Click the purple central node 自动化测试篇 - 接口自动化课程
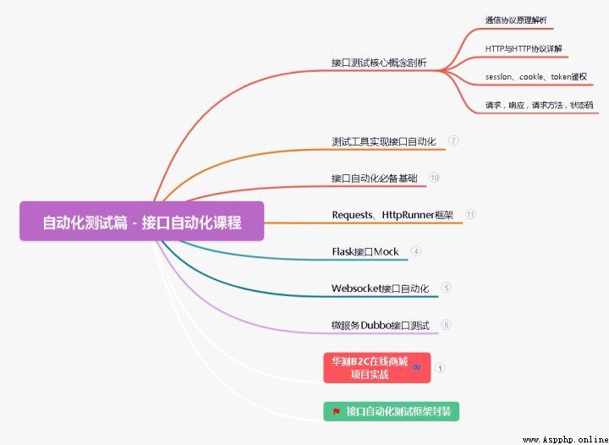click(x=142, y=221)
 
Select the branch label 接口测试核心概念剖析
click(x=379, y=63)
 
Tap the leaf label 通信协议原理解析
click(x=516, y=20)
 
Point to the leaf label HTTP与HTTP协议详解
click(x=524, y=48)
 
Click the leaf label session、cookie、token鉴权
click(x=536, y=77)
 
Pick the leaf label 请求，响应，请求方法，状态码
click(x=539, y=105)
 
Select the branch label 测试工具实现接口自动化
click(x=384, y=141)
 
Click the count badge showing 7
click(x=453, y=140)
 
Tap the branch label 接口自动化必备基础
click(x=375, y=179)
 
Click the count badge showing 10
click(x=434, y=178)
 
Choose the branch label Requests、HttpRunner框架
click(x=392, y=215)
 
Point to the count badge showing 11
click(x=470, y=214)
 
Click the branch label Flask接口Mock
click(x=365, y=252)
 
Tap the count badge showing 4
click(x=416, y=251)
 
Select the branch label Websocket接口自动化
click(x=381, y=288)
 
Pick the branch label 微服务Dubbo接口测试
click(x=381, y=326)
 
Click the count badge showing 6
click(x=447, y=325)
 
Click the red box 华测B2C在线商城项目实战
click(x=377, y=368)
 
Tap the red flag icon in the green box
click(x=337, y=412)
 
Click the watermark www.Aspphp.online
click(x=566, y=440)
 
